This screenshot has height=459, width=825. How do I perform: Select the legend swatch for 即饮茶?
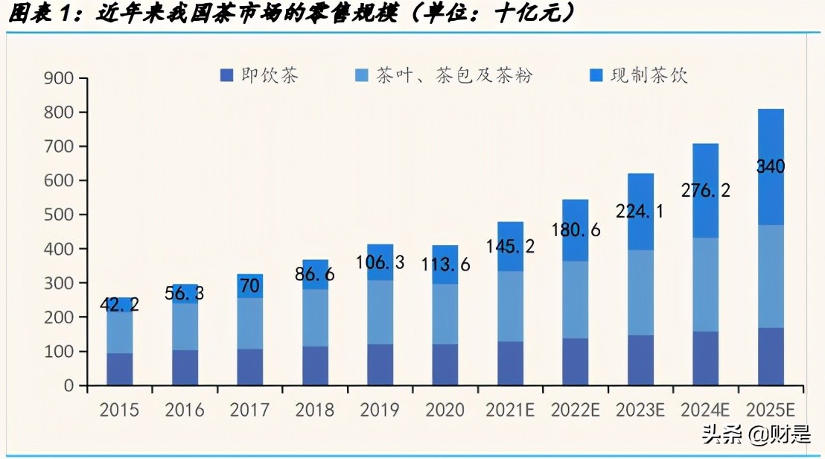tap(227, 75)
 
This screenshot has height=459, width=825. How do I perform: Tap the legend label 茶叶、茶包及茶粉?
tap(454, 75)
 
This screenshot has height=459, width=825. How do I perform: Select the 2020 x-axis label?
tap(445, 410)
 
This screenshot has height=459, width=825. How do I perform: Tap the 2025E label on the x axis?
tap(771, 410)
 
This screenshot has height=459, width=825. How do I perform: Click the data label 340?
tap(771, 167)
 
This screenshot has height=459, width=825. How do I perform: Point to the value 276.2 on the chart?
tap(705, 190)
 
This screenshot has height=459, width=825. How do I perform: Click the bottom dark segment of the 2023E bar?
tap(640, 361)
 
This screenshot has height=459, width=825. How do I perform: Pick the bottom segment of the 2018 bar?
tap(314, 366)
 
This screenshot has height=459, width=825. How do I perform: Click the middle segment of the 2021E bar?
tap(510, 306)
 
